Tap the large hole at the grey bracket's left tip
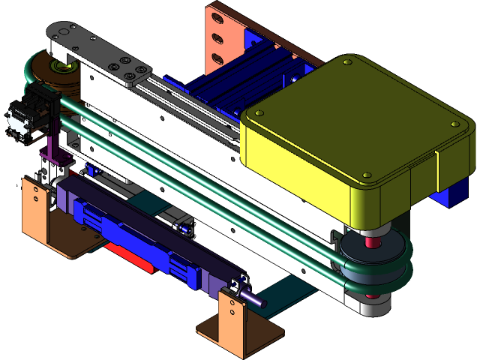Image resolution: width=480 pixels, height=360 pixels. pyautogui.click(x=58, y=32)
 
